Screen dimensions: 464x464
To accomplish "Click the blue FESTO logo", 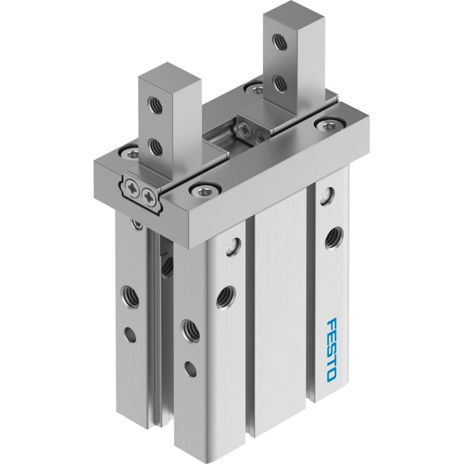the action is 332,349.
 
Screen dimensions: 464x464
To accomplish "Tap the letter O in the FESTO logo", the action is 332,374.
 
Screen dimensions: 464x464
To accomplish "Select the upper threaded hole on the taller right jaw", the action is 280,41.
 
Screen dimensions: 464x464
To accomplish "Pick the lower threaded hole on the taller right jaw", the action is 280,83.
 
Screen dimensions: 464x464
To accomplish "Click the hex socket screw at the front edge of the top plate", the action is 205,191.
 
